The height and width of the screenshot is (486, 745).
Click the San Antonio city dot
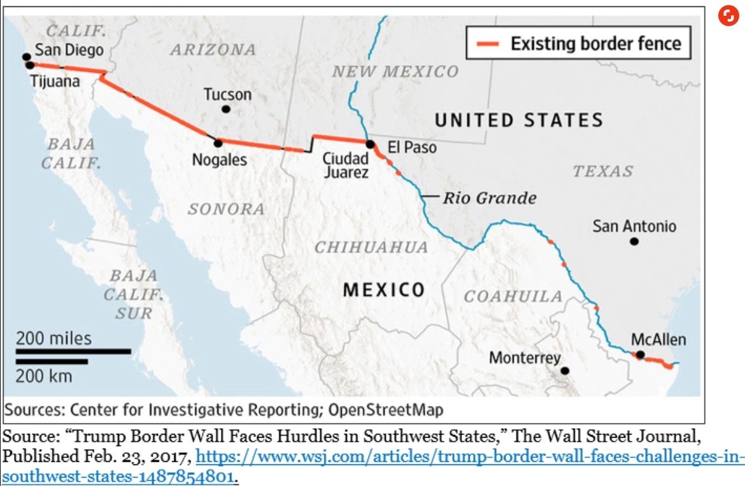634,241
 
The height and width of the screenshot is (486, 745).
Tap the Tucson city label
227,95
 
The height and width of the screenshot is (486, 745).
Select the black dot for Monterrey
565,370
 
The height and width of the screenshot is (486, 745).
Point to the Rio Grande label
489,197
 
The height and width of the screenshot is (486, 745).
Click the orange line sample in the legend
488,44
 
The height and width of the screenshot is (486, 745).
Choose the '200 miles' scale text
53,338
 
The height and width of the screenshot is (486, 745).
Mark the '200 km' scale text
44,375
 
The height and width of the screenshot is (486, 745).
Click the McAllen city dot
640,355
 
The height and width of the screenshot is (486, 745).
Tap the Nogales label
220,159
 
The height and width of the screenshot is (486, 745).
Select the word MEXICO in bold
384,290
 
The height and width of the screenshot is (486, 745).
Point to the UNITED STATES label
518,120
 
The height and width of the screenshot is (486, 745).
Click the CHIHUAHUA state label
371,247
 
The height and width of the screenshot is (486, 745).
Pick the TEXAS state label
602,170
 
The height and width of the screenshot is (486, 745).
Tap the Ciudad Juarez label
346,165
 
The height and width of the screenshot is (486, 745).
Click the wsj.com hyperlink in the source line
468,457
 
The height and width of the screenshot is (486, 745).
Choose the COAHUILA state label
513,296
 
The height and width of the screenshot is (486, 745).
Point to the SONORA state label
226,209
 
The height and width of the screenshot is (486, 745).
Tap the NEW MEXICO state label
395,71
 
